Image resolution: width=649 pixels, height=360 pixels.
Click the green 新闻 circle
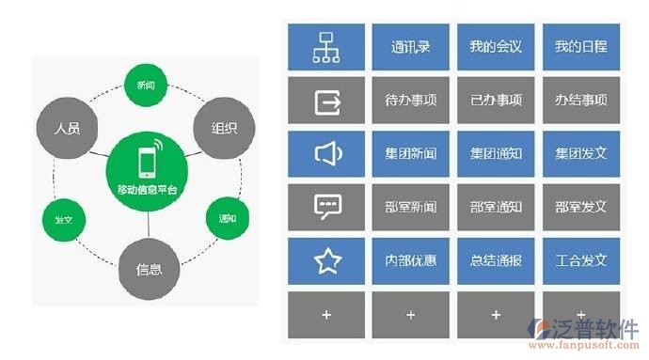point(146,86)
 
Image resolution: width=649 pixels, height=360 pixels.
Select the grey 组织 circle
point(223,126)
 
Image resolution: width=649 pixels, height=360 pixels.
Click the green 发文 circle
point(65,220)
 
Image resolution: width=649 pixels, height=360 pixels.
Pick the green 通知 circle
point(227,219)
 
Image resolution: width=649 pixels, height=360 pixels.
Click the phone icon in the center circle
point(146,161)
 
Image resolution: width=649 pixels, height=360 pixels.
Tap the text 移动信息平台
point(147,191)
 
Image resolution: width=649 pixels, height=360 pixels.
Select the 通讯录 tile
point(410,46)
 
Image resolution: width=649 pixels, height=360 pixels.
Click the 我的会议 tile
point(496,46)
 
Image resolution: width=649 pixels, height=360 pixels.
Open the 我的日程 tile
point(580,46)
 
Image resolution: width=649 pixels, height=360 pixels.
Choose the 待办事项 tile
point(410,100)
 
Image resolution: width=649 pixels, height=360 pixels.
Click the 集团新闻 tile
point(410,153)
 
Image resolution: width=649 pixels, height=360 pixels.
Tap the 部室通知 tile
point(496,207)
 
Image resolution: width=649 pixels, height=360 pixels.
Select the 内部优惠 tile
point(410,260)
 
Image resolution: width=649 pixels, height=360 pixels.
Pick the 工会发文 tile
point(580,260)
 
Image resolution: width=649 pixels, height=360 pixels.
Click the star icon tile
point(326,260)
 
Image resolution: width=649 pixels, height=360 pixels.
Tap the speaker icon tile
point(326,153)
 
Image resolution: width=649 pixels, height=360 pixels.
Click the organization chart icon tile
point(326,46)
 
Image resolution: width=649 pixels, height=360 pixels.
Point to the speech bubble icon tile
point(326,207)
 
